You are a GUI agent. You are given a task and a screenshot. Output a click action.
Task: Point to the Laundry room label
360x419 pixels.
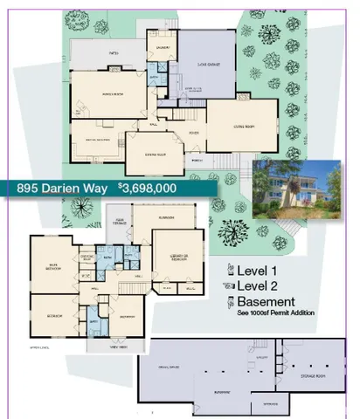(x=162, y=47)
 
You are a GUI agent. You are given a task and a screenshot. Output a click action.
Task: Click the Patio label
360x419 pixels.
(x=113, y=52)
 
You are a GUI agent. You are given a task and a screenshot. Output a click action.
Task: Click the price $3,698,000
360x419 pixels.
(x=148, y=188)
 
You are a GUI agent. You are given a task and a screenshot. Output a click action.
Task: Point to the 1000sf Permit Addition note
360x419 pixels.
(x=272, y=313)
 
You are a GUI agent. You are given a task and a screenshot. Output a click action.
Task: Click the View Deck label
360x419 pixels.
(x=120, y=347)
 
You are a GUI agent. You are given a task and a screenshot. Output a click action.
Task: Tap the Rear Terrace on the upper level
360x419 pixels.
(x=117, y=222)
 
